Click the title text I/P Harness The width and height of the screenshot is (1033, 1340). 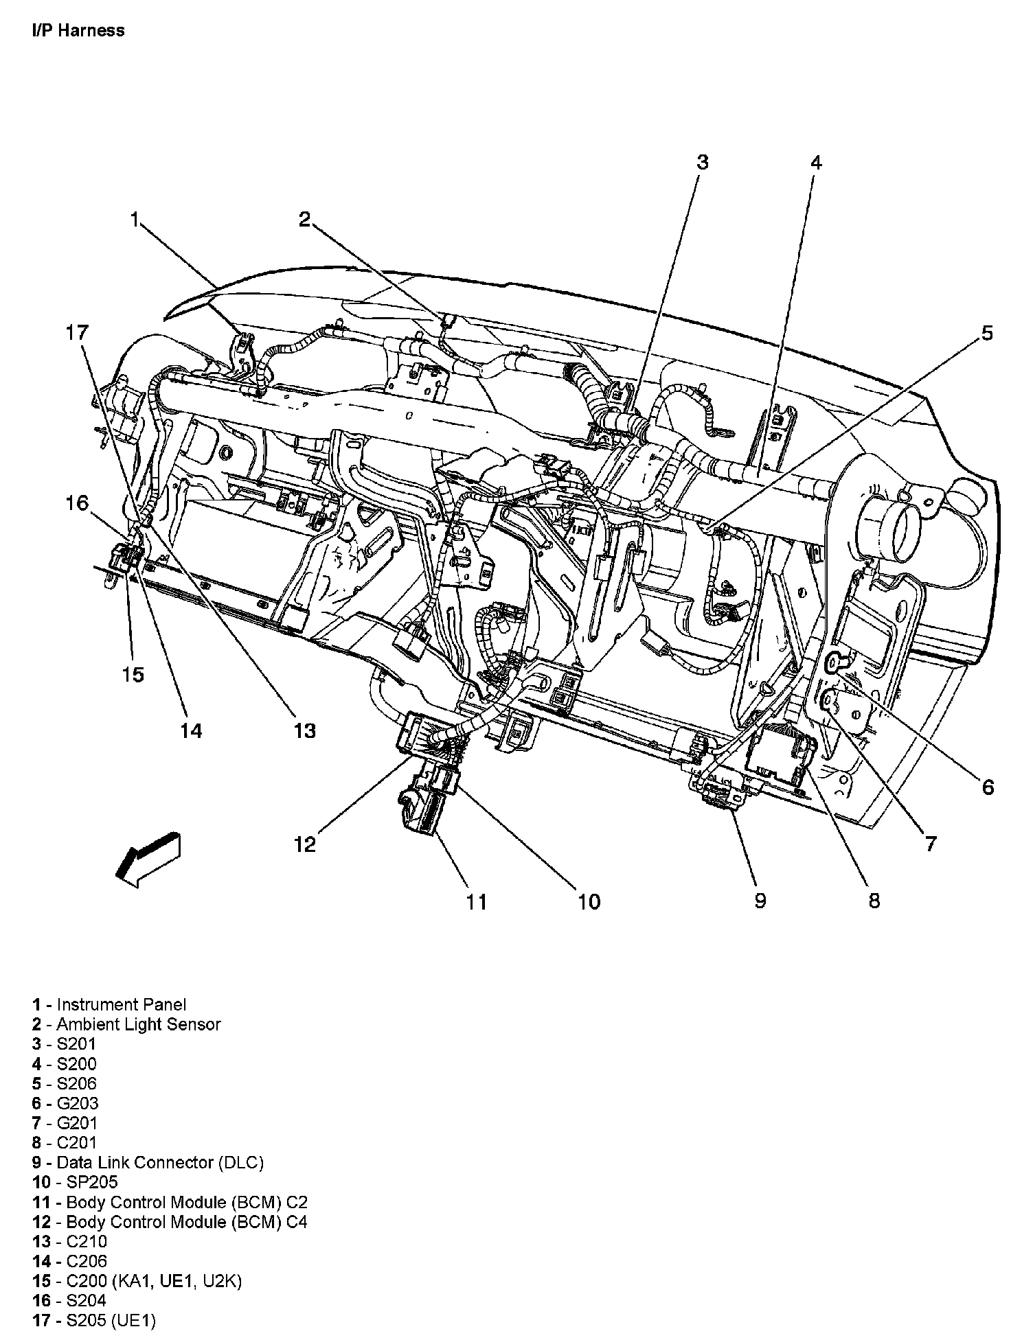pos(78,30)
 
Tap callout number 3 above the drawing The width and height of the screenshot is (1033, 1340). pos(701,162)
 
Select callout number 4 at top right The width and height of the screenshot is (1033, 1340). pos(815,163)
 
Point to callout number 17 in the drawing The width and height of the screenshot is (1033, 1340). pos(77,333)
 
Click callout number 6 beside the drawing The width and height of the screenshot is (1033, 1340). pos(987,787)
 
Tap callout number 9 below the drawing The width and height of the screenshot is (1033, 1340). pos(760,900)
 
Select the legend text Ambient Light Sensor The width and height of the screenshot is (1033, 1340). pos(138,1024)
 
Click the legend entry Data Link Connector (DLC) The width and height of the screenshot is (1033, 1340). pos(159,1162)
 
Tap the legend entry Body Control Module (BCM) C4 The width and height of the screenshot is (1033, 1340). pos(186,1222)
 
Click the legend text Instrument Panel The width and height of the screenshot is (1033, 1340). pos(121,1004)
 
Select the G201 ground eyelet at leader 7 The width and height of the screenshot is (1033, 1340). pos(830,700)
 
